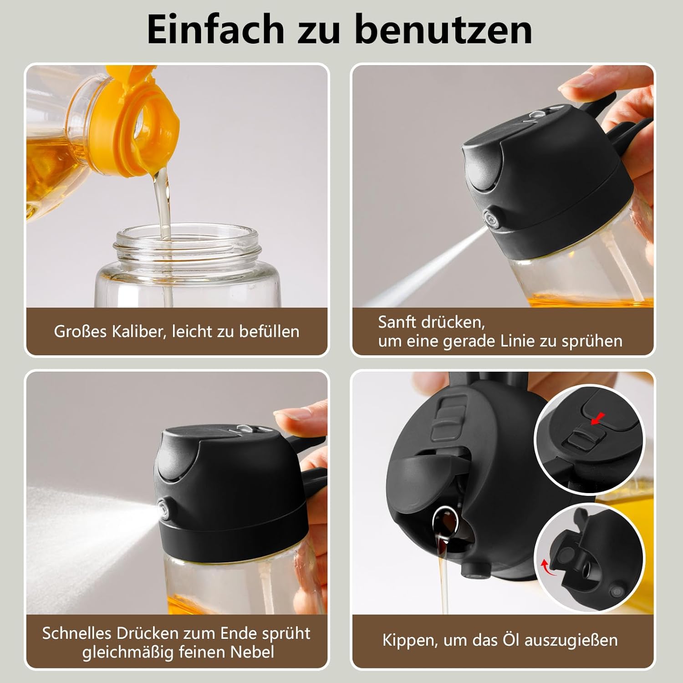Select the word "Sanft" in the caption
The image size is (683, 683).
click(396, 322)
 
